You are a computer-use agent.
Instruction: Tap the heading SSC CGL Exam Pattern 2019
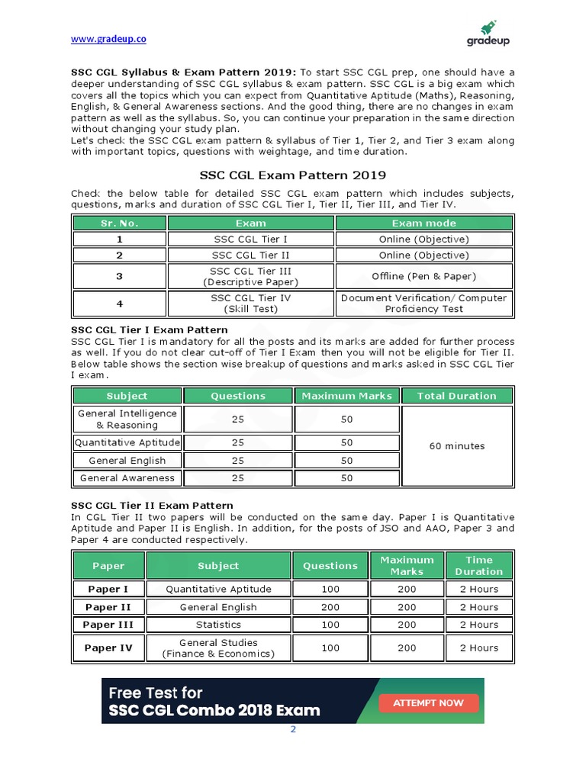click(x=293, y=175)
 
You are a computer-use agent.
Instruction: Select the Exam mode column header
click(x=424, y=223)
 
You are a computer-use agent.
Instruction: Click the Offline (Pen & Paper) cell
click(x=424, y=276)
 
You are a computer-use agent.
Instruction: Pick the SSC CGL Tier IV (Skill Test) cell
click(x=251, y=304)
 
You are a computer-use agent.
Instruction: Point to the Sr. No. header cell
click(x=119, y=223)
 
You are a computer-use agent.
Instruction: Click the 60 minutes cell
click(x=457, y=446)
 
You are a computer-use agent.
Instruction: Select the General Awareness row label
click(x=127, y=478)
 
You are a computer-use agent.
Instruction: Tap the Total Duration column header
click(x=457, y=396)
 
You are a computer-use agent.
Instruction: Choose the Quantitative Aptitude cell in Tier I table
click(x=127, y=442)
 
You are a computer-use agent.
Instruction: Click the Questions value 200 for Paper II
click(x=330, y=607)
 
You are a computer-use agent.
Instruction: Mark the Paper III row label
click(x=108, y=625)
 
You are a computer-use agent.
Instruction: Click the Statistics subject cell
click(x=218, y=625)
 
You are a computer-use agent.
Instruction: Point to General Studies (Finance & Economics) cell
click(x=218, y=648)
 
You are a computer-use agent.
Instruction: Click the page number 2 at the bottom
click(x=292, y=729)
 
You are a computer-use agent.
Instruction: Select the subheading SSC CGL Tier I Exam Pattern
click(x=150, y=330)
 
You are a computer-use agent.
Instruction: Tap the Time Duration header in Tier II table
click(x=479, y=565)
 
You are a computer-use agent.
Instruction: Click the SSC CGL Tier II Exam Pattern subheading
click(x=152, y=506)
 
